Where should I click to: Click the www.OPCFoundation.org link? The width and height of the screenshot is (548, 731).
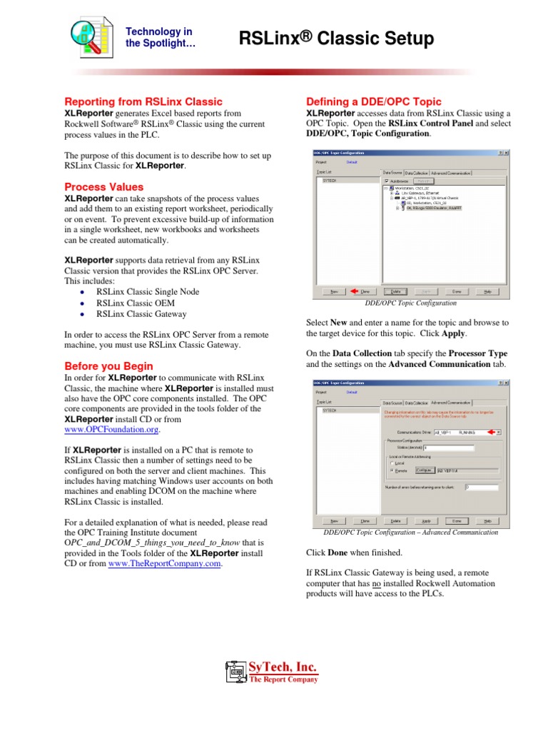tap(111, 430)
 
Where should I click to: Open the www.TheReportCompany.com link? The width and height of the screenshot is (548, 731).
tap(165, 564)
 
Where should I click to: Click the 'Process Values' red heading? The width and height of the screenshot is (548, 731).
tap(104, 187)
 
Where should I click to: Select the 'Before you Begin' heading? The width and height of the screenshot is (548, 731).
tap(109, 366)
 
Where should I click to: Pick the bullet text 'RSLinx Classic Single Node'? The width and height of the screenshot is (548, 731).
tap(148, 292)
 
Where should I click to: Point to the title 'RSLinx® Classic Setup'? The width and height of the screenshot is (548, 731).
tap(336, 39)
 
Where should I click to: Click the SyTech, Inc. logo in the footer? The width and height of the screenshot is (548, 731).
tap(273, 671)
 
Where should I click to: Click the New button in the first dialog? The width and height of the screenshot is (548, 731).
tap(333, 291)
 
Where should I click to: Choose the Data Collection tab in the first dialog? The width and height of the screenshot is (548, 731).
tap(415, 172)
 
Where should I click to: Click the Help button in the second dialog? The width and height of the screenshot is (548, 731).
tap(487, 520)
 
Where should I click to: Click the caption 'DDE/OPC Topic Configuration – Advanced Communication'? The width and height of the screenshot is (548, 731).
tap(410, 533)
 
